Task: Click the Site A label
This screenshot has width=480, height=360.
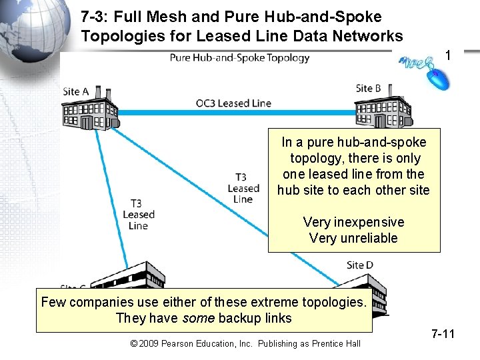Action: tap(75, 91)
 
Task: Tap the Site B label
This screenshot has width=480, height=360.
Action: tap(368, 88)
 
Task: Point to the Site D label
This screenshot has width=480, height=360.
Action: tap(360, 265)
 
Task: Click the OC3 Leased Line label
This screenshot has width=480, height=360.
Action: tap(233, 103)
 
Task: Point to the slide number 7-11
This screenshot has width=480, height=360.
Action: tap(443, 333)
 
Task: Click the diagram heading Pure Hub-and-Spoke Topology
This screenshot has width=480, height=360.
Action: tap(239, 57)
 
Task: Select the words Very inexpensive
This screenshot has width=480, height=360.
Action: tap(353, 222)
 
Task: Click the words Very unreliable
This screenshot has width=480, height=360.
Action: tap(353, 238)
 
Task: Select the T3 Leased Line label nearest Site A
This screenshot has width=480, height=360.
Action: tap(138, 214)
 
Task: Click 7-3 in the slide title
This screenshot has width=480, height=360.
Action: tap(95, 16)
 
